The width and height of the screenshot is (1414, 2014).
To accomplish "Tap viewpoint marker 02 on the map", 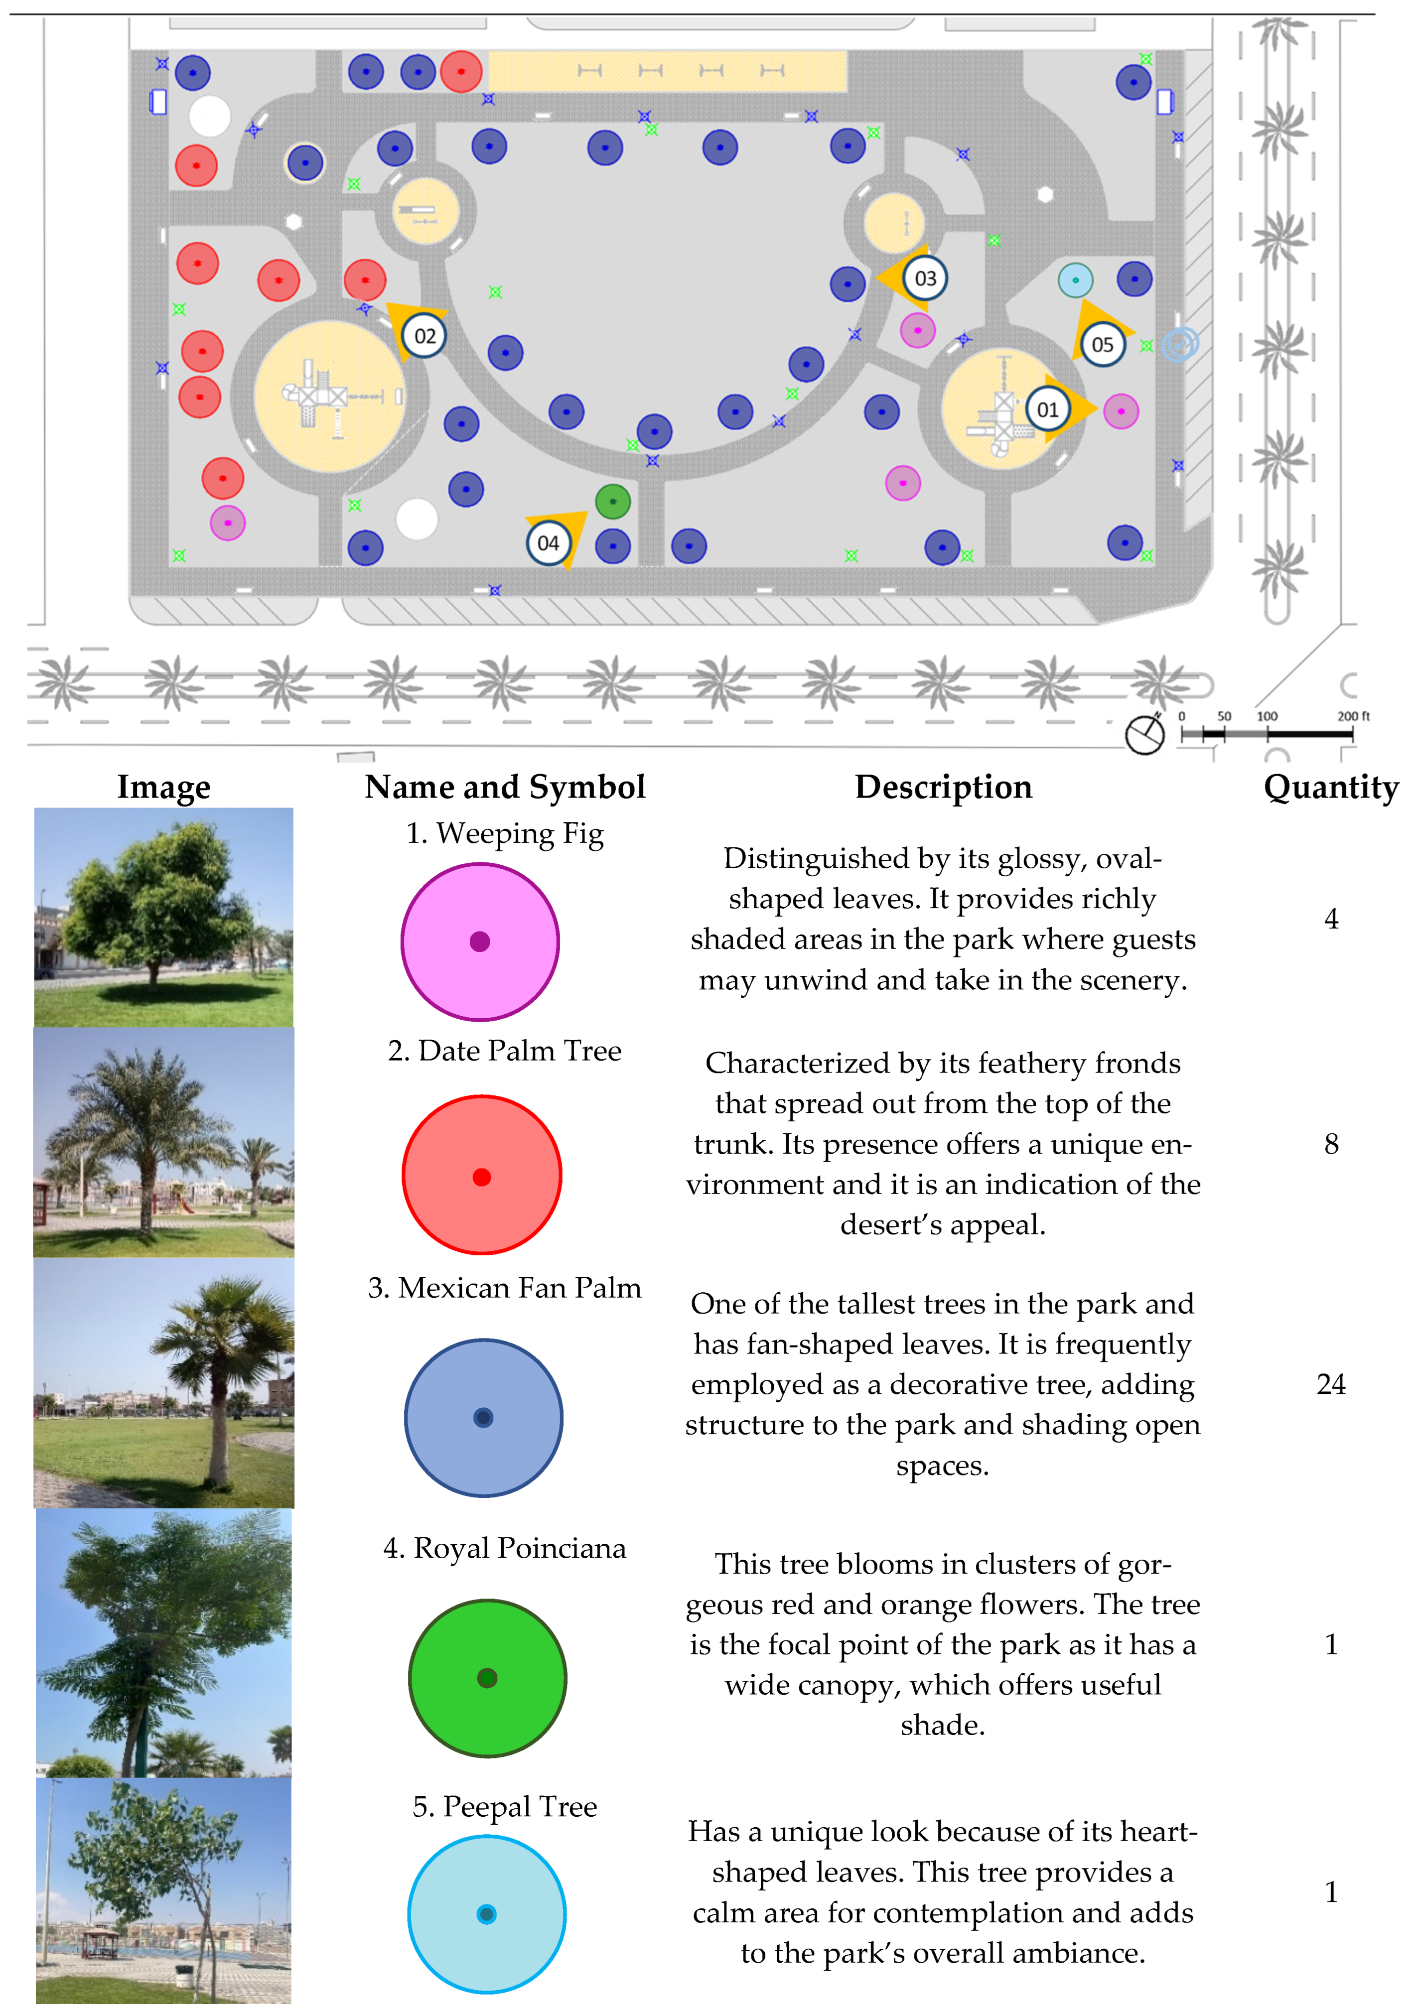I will (424, 336).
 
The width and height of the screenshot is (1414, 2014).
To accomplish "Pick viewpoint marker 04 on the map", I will (548, 543).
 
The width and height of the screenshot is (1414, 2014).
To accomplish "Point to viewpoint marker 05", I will (1103, 345).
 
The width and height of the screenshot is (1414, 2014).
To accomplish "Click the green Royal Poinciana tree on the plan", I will (612, 502).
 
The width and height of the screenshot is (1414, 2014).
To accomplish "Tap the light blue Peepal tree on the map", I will (1075, 280).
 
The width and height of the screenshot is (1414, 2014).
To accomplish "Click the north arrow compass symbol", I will (1145, 734).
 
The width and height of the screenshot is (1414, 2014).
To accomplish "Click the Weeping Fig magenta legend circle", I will (480, 941).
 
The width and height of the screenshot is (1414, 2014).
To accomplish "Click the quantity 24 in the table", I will (1331, 1384).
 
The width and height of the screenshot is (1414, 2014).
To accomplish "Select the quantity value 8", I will (1331, 1144).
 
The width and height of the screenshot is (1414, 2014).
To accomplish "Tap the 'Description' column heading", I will (943, 787).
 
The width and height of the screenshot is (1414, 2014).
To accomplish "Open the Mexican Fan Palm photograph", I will (164, 1383).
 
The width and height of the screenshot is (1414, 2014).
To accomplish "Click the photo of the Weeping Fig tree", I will (164, 918).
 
